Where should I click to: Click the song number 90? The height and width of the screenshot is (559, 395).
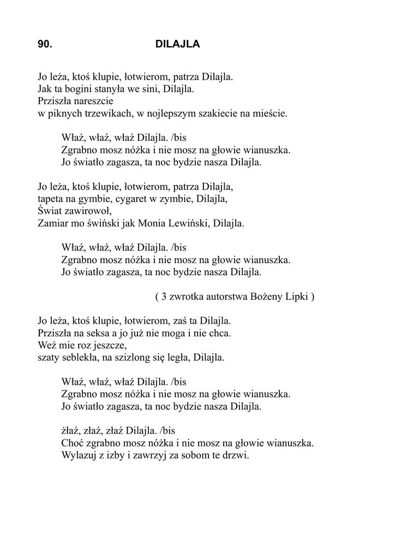(x=45, y=45)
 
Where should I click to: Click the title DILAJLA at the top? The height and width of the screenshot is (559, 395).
(x=178, y=45)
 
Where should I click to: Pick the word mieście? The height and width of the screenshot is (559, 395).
(x=273, y=114)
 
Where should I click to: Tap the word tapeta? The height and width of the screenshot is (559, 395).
(x=51, y=199)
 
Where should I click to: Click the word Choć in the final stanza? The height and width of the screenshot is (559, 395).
(x=73, y=443)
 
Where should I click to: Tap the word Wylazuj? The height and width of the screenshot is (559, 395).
(x=79, y=455)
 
